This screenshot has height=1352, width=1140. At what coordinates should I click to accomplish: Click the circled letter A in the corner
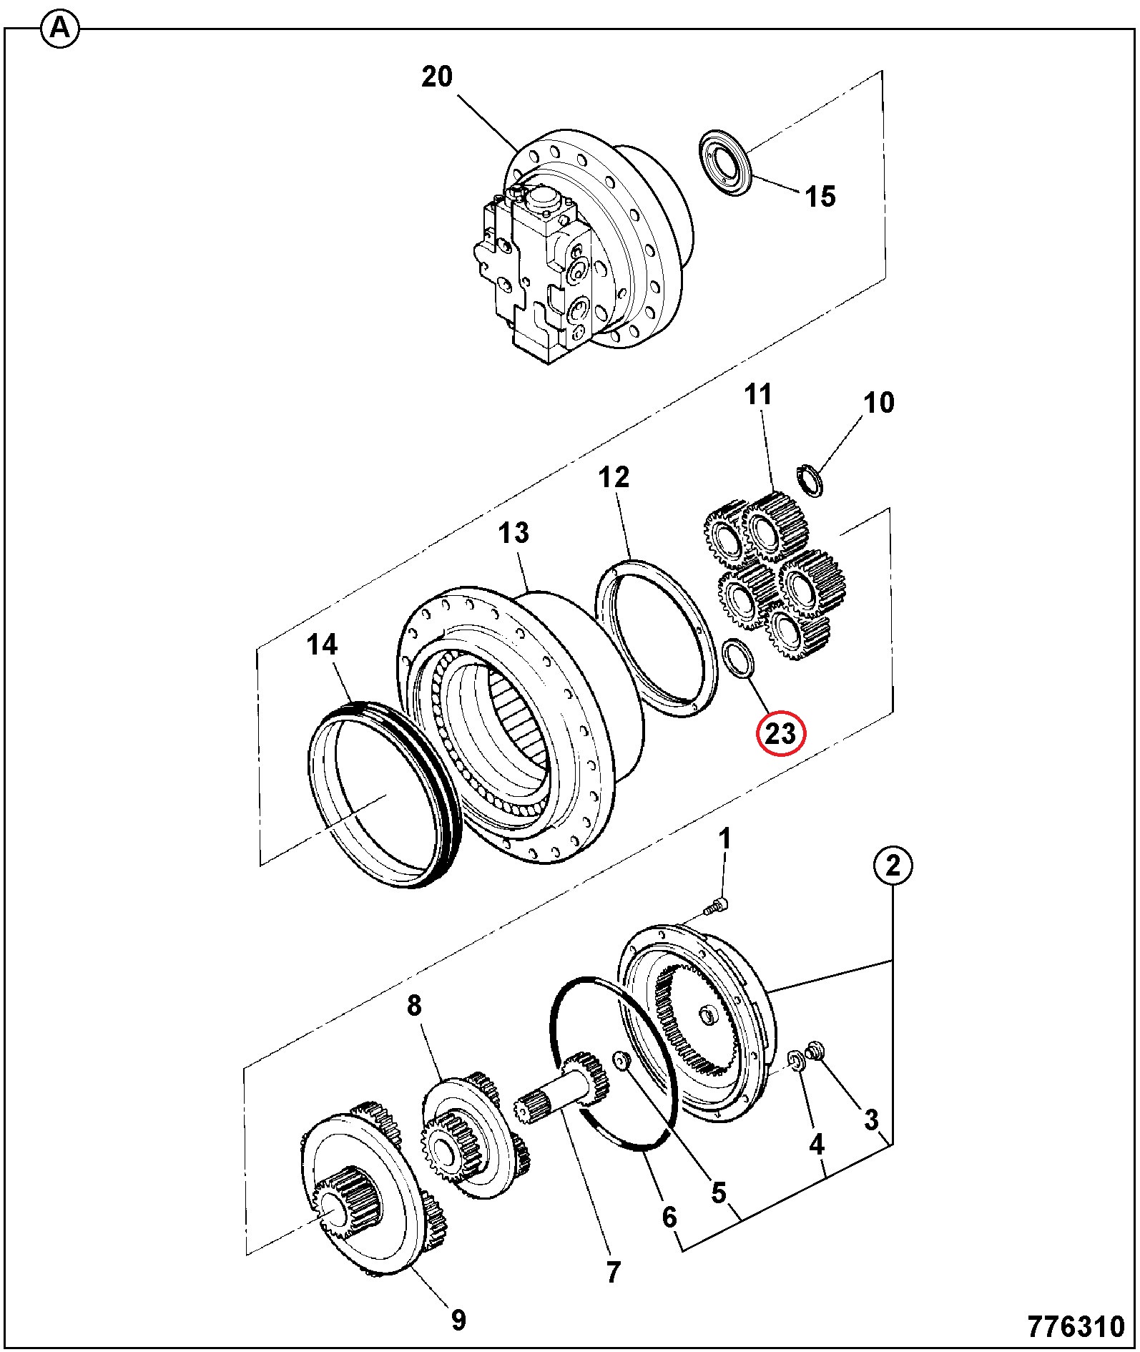(x=61, y=29)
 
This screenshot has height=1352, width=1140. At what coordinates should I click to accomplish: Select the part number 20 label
(x=437, y=76)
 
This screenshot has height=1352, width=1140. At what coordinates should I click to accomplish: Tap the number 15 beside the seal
(x=821, y=196)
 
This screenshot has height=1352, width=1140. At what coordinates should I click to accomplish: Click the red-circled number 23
(x=781, y=733)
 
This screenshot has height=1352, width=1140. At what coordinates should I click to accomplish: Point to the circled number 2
(x=893, y=866)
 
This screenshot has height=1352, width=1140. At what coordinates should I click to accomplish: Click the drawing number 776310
(x=1077, y=1327)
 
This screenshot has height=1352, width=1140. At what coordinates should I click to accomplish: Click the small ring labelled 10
(x=810, y=479)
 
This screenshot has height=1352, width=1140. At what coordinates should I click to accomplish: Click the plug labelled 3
(x=813, y=1051)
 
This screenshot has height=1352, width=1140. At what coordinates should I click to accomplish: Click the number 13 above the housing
(x=514, y=533)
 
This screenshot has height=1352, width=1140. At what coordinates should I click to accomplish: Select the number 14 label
(x=322, y=645)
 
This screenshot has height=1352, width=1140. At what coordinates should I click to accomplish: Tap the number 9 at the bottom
(x=458, y=1320)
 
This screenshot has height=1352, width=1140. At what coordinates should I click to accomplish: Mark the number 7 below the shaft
(x=613, y=1273)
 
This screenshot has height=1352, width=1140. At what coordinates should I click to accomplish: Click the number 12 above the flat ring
(x=614, y=477)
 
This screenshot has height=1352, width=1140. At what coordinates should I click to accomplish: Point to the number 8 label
(x=414, y=1006)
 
